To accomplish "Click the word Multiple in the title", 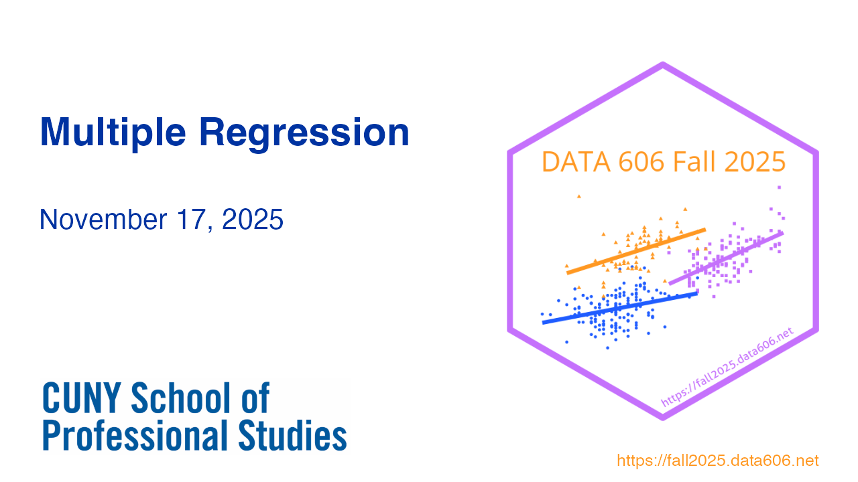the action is point(113,133).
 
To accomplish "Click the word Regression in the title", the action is point(304,133).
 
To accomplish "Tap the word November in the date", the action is point(103,220).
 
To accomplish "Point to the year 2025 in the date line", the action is point(253,220).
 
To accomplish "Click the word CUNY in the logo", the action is point(82,398).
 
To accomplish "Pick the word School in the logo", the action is point(181,398).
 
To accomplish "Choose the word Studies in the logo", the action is point(293,435).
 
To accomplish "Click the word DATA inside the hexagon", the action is point(576,162).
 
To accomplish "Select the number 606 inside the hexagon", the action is point(641,162).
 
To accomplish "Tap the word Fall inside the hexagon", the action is point(694,161).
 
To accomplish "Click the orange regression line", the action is point(636,251).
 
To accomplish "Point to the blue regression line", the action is point(620,308).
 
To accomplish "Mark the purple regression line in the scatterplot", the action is point(726,258).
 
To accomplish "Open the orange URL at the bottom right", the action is point(718,461).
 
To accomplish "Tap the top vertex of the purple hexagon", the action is point(663,64).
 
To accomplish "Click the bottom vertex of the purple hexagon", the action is point(663,418).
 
